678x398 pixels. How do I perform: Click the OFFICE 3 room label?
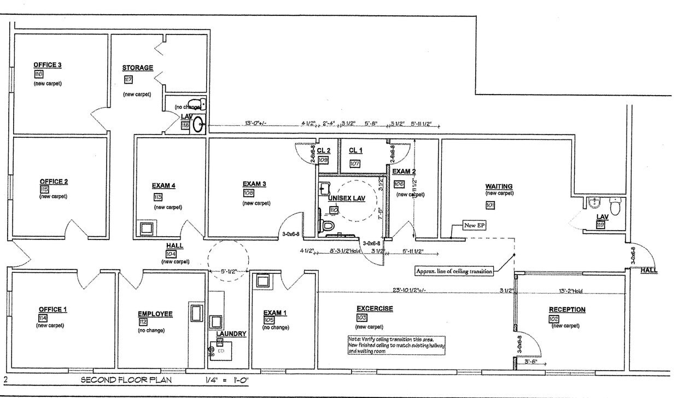pyautogui.click(x=48, y=65)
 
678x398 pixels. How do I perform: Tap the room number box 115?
pyautogui.click(x=44, y=189)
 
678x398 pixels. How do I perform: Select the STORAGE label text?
pyautogui.click(x=137, y=68)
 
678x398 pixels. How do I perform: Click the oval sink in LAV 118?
pyautogui.click(x=197, y=125)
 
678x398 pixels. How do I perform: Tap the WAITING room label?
pyautogui.click(x=499, y=186)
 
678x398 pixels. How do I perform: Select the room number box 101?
pyautogui.click(x=490, y=205)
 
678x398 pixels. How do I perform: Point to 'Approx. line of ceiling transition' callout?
pyautogui.click(x=454, y=271)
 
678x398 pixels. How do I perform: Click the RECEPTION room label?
pyautogui.click(x=567, y=310)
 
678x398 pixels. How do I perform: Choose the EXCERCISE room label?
pyautogui.click(x=375, y=309)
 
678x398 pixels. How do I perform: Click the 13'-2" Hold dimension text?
pyautogui.click(x=571, y=290)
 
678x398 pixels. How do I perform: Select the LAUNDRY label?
pyautogui.click(x=231, y=333)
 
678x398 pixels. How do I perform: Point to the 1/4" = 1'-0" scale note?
pyautogui.click(x=226, y=380)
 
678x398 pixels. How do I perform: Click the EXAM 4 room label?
pyautogui.click(x=164, y=186)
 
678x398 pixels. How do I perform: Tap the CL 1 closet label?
pyautogui.click(x=356, y=150)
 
